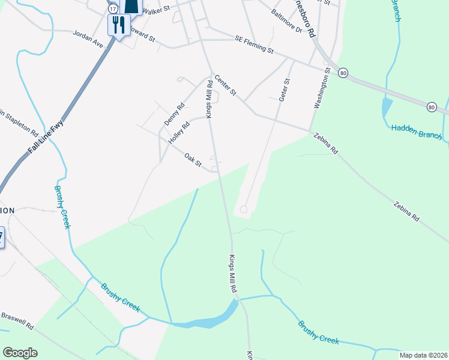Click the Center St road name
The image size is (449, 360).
(x=226, y=86)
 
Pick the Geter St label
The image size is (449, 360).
(x=285, y=90)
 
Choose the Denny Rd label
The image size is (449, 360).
(x=174, y=114)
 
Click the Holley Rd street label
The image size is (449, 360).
(x=179, y=132)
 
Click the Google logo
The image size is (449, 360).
(x=20, y=353)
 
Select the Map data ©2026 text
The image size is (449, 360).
(x=423, y=355)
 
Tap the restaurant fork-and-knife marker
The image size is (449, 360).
(x=118, y=25)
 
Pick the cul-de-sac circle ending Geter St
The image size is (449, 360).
(x=244, y=209)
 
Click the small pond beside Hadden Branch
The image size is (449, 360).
(x=387, y=108)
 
